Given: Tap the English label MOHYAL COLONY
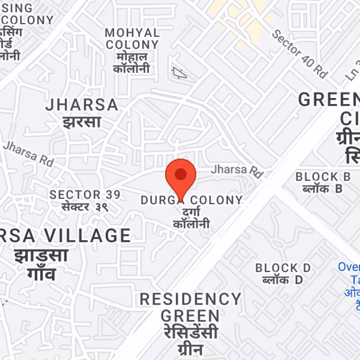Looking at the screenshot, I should click(x=132, y=39).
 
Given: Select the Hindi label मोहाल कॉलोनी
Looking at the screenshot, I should click(x=131, y=63).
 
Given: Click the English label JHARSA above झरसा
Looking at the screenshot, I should click(x=82, y=105).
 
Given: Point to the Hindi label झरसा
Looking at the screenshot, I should click(x=82, y=121).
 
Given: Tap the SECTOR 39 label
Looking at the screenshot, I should click(x=85, y=195).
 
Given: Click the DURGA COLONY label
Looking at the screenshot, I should click(x=192, y=200).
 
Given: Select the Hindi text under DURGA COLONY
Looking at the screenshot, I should click(x=192, y=218).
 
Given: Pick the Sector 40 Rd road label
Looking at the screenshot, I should click(x=299, y=54).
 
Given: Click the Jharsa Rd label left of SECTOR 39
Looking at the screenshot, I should click(x=28, y=153).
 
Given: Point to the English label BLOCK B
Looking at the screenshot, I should click(x=323, y=177).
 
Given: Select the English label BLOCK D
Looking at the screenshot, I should click(x=283, y=268).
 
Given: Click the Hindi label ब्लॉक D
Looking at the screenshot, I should click(x=283, y=280).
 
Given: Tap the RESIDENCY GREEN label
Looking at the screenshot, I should click(x=190, y=307).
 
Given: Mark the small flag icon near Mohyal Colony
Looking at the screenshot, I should click(x=179, y=72).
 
